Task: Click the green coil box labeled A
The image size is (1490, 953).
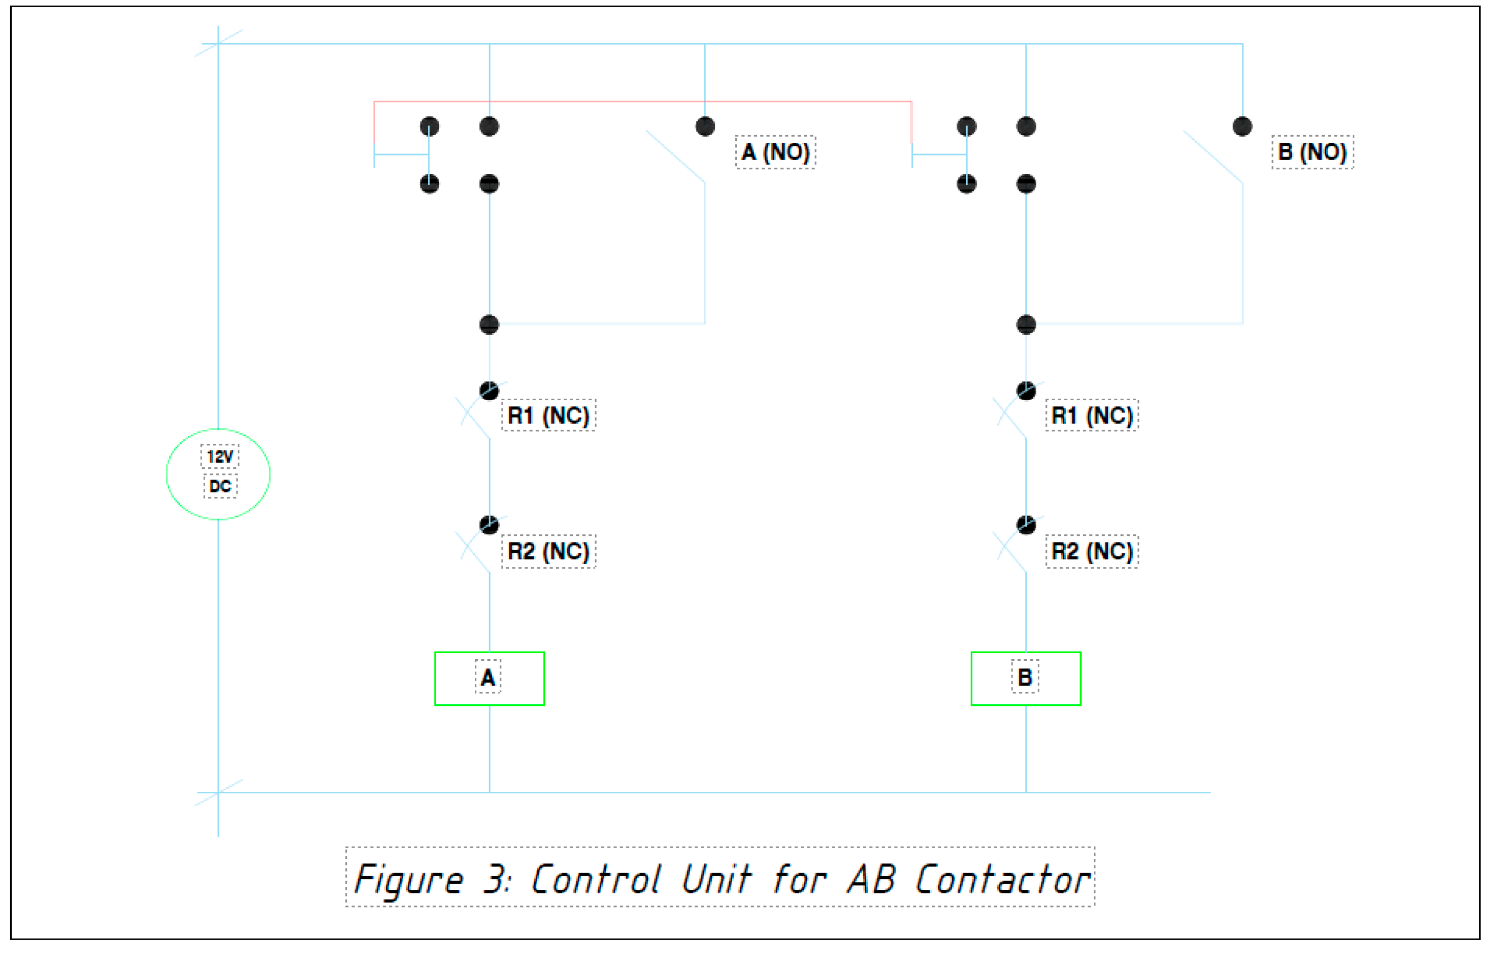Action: point(490,678)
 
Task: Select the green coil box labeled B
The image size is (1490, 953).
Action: point(1026,678)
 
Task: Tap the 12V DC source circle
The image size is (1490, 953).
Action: point(218,473)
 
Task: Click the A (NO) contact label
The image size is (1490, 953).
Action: point(775,151)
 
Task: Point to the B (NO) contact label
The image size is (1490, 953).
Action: point(1312,151)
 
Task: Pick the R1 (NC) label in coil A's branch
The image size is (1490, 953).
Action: point(548,415)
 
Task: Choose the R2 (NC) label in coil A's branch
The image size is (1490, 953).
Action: point(548,551)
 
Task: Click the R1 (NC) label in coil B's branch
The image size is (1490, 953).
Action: point(1092,415)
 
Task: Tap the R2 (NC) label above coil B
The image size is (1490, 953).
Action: point(1092,551)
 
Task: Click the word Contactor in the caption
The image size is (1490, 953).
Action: point(1002,879)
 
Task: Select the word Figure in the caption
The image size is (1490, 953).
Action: point(408,879)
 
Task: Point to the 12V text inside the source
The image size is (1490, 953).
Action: point(220,457)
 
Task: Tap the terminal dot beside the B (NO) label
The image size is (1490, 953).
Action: point(1242,126)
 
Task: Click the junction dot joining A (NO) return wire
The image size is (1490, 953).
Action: point(490,324)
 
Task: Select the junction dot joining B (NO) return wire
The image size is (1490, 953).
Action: point(1026,324)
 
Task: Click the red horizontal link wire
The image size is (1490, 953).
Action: point(644,101)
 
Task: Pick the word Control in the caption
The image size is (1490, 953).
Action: point(596,879)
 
